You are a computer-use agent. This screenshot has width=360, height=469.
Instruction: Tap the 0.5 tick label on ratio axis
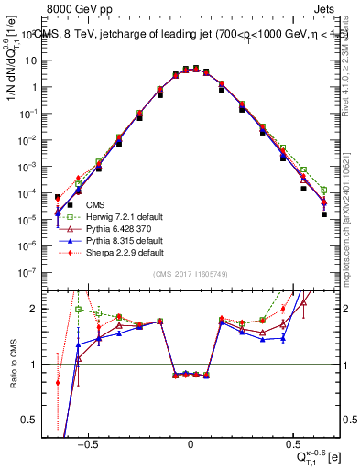[x=35, y=420]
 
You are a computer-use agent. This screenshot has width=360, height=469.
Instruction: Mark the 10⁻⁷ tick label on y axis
[x=33, y=272]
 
